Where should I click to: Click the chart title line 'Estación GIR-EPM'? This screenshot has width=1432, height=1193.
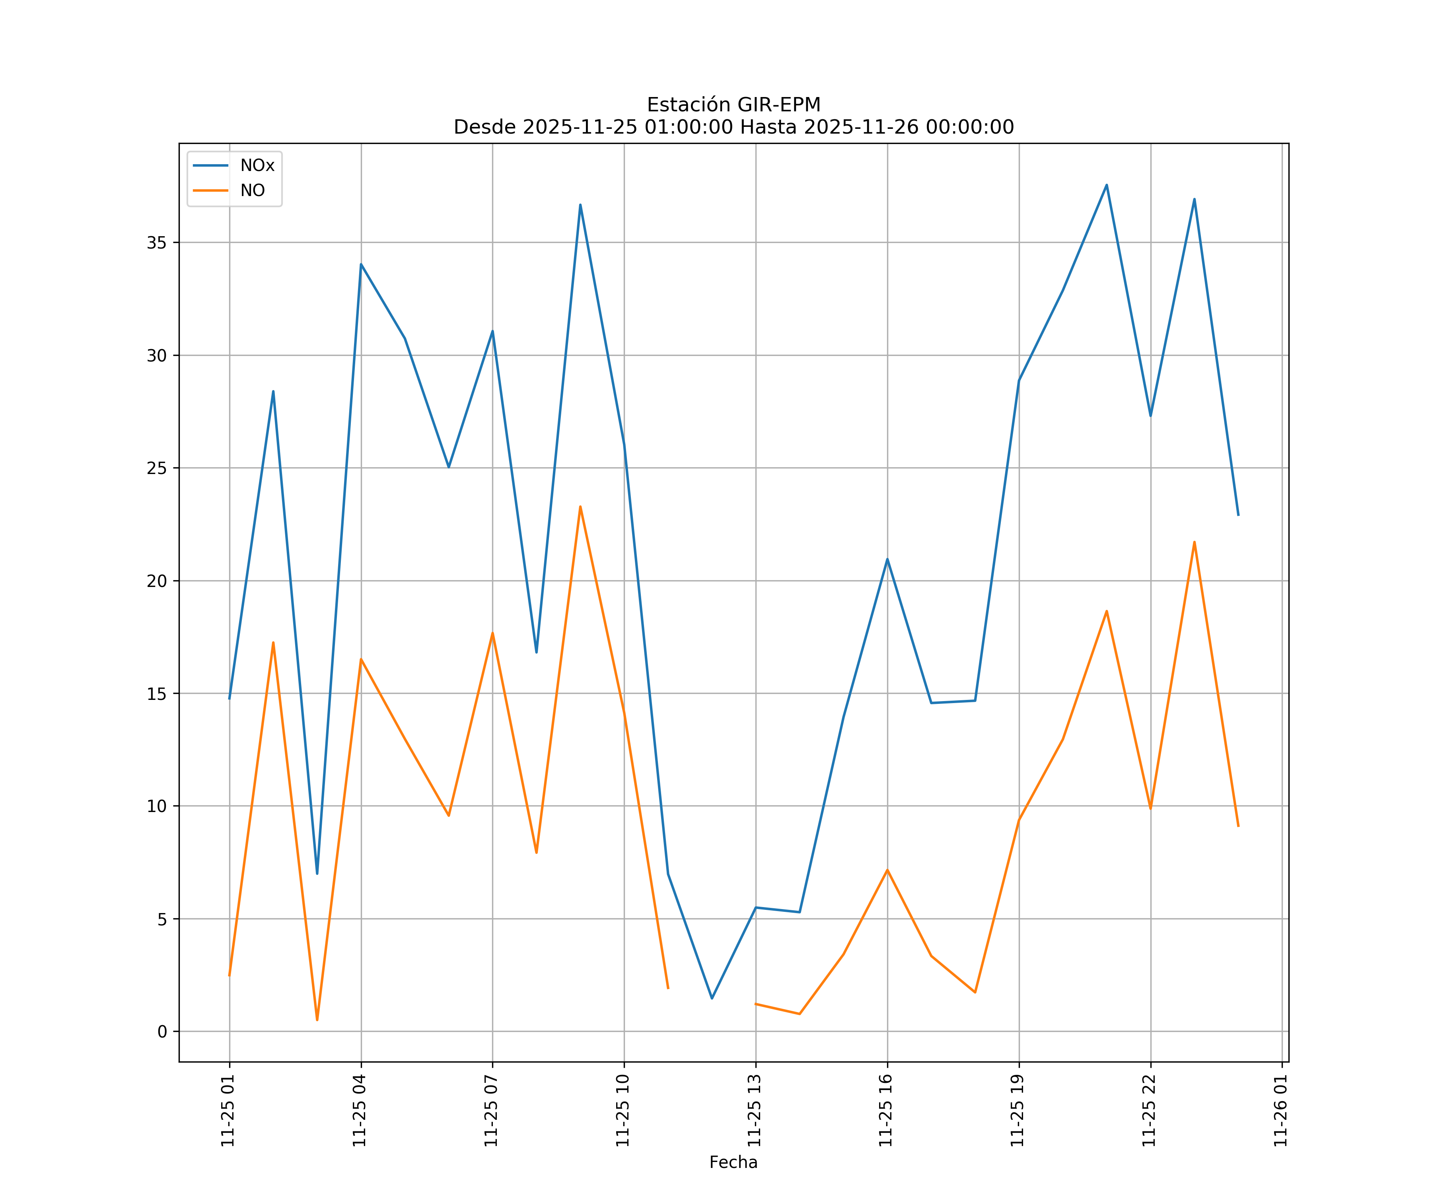click(x=734, y=105)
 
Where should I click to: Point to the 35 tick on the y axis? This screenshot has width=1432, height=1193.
click(x=156, y=243)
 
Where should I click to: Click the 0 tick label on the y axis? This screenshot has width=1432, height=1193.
click(x=162, y=1032)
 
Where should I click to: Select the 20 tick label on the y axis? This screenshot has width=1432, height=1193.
click(x=156, y=581)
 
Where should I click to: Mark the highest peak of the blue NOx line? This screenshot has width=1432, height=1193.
click(x=1107, y=185)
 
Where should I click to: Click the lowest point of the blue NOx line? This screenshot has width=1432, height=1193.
click(x=712, y=999)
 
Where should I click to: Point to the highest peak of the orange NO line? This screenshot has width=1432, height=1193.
click(x=580, y=507)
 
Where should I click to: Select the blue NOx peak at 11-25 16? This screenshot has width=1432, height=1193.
click(x=887, y=559)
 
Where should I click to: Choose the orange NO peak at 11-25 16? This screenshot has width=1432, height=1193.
click(x=887, y=870)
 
